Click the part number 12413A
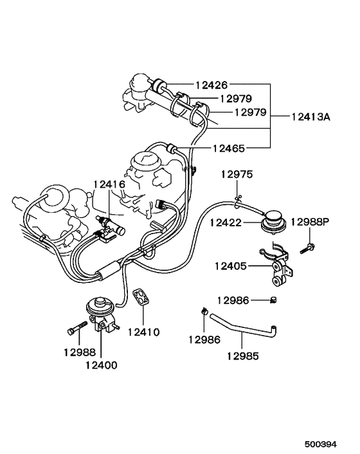[x=310, y=117]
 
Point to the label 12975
[x=237, y=174]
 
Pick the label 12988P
[x=309, y=222]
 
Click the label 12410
[x=143, y=332]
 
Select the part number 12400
[x=101, y=365]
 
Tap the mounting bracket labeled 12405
[x=278, y=264]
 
